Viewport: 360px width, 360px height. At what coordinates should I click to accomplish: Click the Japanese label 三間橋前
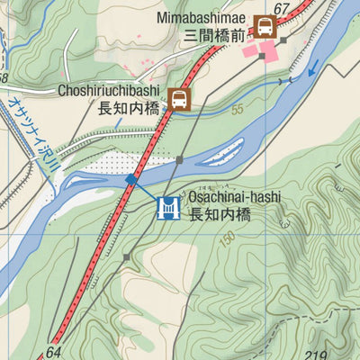pos(213,36)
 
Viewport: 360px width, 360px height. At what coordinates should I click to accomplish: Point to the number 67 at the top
pos(283,10)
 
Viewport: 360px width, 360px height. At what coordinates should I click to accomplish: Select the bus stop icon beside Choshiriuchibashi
pos(180,98)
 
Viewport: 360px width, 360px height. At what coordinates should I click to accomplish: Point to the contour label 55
pos(237,110)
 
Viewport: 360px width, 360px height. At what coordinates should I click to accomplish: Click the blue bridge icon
pos(166,209)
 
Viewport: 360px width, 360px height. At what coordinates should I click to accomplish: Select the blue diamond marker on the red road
pos(131,179)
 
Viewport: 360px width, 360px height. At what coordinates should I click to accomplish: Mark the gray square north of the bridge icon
pos(180,159)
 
